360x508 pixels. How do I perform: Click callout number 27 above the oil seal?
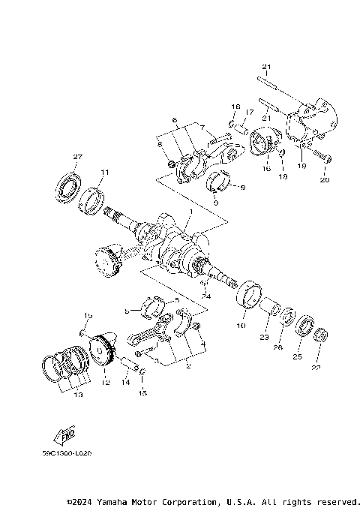(76, 156)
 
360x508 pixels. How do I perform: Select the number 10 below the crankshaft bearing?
(241, 326)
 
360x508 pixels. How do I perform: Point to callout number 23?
(264, 338)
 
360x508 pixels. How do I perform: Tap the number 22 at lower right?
(315, 368)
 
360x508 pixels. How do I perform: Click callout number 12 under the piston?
(106, 383)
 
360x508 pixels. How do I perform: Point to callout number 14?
(126, 382)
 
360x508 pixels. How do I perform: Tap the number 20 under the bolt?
(325, 181)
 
